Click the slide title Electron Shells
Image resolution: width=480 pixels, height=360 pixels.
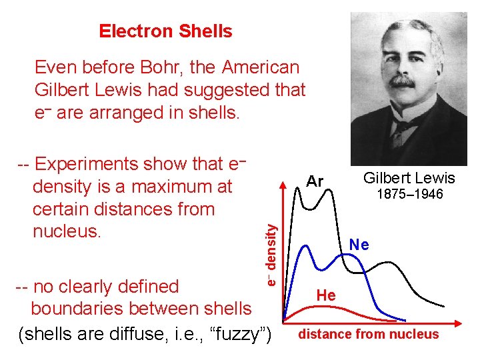coord(165,31)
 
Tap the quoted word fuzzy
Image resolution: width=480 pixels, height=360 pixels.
coord(233,332)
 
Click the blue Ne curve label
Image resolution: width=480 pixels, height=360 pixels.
coord(359,245)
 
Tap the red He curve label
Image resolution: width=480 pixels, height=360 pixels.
coord(326,294)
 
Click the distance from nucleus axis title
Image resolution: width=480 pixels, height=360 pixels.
coord(369,334)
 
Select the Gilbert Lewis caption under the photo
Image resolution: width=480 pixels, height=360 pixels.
coord(409,177)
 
